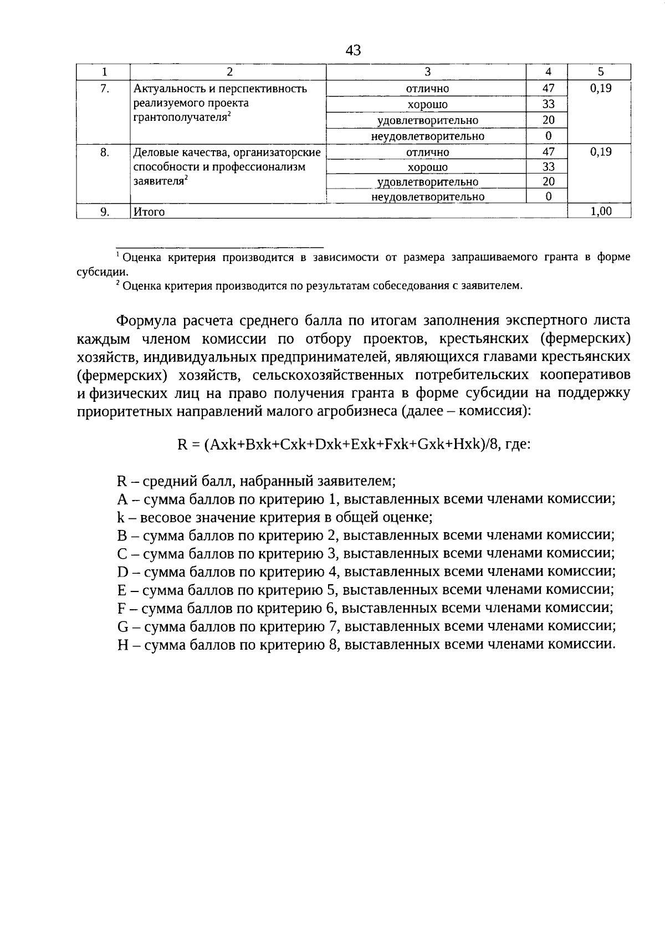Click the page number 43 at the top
pyautogui.click(x=353, y=50)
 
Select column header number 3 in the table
pyautogui.click(x=427, y=72)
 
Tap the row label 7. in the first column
pyautogui.click(x=104, y=88)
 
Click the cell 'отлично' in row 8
pyautogui.click(x=427, y=152)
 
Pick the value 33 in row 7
pyautogui.click(x=548, y=104)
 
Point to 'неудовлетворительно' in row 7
pyautogui.click(x=427, y=136)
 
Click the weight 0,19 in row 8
pyautogui.click(x=601, y=151)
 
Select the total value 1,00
pyautogui.click(x=601, y=211)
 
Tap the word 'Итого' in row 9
pyautogui.click(x=149, y=212)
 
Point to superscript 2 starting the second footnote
pyautogui.click(x=118, y=283)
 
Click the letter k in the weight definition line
pyautogui.click(x=120, y=517)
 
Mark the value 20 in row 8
pyautogui.click(x=548, y=181)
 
